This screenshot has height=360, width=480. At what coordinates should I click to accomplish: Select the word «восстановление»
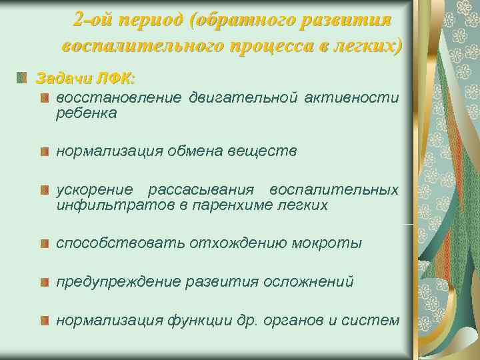[118, 99]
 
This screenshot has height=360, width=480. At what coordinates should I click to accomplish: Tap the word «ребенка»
[86, 113]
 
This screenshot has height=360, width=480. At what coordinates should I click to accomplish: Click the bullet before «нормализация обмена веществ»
[44, 152]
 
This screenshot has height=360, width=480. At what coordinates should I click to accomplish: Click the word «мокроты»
[329, 243]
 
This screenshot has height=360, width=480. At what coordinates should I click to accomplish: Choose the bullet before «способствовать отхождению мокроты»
[44, 243]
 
